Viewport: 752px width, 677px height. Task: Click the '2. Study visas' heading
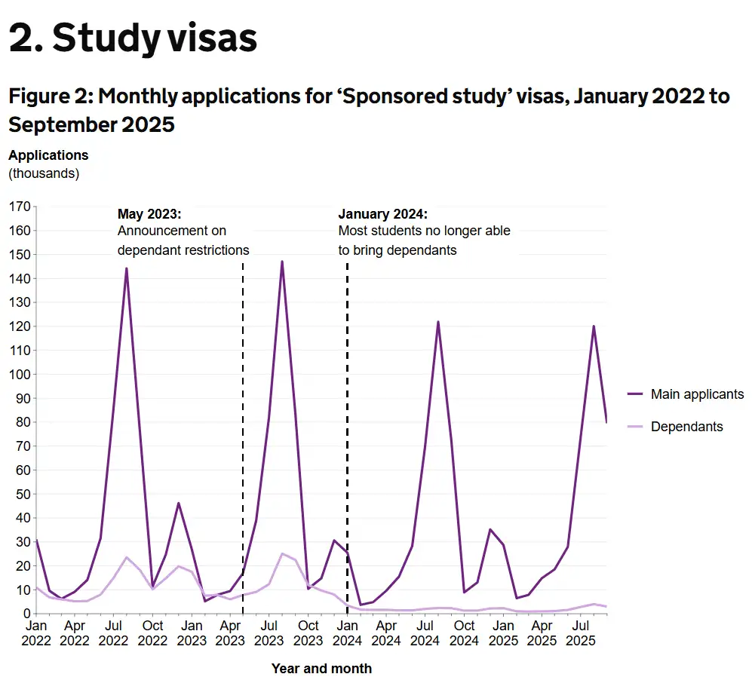pos(133,38)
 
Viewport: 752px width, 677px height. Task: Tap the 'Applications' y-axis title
pos(48,155)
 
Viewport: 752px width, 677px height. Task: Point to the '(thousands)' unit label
pos(44,173)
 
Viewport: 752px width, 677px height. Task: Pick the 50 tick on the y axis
pos(23,495)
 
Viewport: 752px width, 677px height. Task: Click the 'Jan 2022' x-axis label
pos(35,633)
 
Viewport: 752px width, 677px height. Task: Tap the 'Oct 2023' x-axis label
pos(308,633)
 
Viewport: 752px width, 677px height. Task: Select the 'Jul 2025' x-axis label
pos(581,633)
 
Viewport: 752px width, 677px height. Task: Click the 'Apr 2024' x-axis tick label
pos(386,633)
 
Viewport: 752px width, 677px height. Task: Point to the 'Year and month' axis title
pos(321,669)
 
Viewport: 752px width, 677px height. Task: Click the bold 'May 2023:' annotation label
pos(149,213)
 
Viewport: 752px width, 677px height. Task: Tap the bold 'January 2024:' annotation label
pos(382,213)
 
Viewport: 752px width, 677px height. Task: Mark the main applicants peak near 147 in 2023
pos(282,262)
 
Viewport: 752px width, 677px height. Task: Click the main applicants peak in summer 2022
pos(126,268)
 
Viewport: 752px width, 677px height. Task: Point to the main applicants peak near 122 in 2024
pos(437,322)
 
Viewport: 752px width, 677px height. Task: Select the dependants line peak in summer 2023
pos(282,554)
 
